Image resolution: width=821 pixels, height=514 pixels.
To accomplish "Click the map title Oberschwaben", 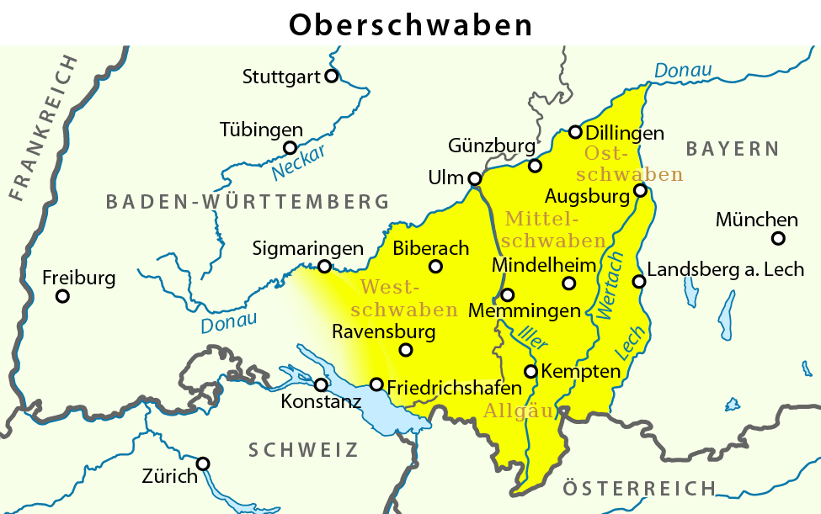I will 410,24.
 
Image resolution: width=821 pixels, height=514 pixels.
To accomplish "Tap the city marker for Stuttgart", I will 332,76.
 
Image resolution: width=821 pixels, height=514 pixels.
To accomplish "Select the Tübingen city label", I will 261,130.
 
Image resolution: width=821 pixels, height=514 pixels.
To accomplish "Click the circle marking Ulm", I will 475,178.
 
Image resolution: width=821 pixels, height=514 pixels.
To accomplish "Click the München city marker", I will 778,239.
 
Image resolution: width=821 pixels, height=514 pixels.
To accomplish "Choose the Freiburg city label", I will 78,277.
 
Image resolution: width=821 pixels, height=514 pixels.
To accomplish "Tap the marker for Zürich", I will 203,464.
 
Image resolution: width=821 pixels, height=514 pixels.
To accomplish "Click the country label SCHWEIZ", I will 303,450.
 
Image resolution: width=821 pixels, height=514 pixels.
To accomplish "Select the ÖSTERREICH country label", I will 639,488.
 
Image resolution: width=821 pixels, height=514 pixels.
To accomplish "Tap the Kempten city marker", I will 530,371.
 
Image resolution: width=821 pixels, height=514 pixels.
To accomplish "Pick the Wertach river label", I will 610,285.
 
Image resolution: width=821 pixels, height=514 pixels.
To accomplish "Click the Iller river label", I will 533,336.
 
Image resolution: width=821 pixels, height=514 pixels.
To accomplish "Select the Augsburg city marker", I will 640,191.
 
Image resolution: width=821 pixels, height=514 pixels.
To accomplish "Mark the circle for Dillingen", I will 575,132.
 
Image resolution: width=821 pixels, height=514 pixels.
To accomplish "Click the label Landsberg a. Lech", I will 725,270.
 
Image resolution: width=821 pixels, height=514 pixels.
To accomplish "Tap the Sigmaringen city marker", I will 324,267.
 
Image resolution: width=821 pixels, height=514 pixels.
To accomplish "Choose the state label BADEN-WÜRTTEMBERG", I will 248,202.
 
